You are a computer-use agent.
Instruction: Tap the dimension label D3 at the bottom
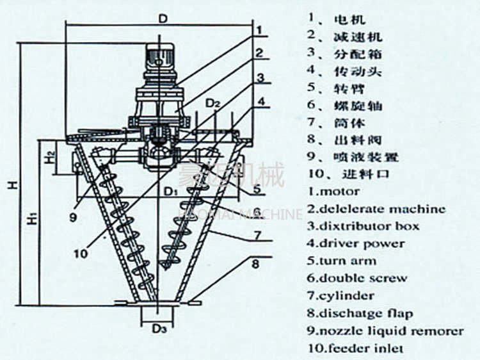(159, 330)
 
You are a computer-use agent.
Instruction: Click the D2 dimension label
(213, 103)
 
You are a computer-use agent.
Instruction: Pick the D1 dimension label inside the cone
(169, 191)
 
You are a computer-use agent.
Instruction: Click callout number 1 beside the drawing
(259, 29)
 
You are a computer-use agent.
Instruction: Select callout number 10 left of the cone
(80, 254)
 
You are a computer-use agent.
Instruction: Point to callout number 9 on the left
(74, 217)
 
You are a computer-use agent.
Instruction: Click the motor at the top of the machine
(157, 61)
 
